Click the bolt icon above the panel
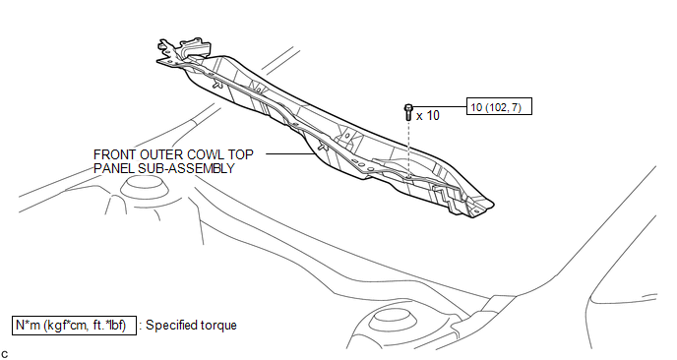click(x=408, y=112)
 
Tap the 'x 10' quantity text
click(x=428, y=116)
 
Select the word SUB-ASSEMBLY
click(x=186, y=168)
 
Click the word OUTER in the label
click(x=155, y=154)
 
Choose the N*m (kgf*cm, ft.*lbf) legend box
click(x=74, y=325)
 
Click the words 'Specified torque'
click(x=191, y=326)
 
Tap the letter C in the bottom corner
click(x=4, y=355)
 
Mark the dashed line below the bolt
click(x=408, y=149)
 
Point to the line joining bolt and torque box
click(x=440, y=106)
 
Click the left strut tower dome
click(x=144, y=189)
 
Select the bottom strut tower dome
click(x=393, y=321)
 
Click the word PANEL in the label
click(x=113, y=168)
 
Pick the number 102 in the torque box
click(x=497, y=106)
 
